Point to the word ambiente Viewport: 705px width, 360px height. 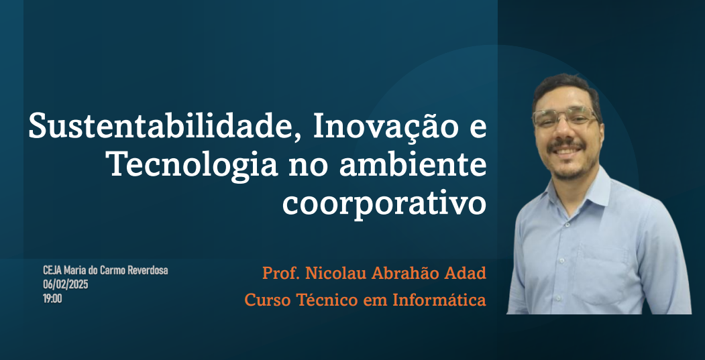point(413,165)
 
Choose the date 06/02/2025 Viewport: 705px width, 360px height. point(66,284)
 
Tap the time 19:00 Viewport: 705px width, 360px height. point(52,298)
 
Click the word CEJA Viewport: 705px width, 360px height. point(52,271)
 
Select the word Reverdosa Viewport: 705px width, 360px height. point(148,271)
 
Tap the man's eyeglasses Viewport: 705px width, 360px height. point(565,117)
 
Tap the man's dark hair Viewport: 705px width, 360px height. point(567,88)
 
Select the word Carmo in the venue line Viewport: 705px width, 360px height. point(114,271)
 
